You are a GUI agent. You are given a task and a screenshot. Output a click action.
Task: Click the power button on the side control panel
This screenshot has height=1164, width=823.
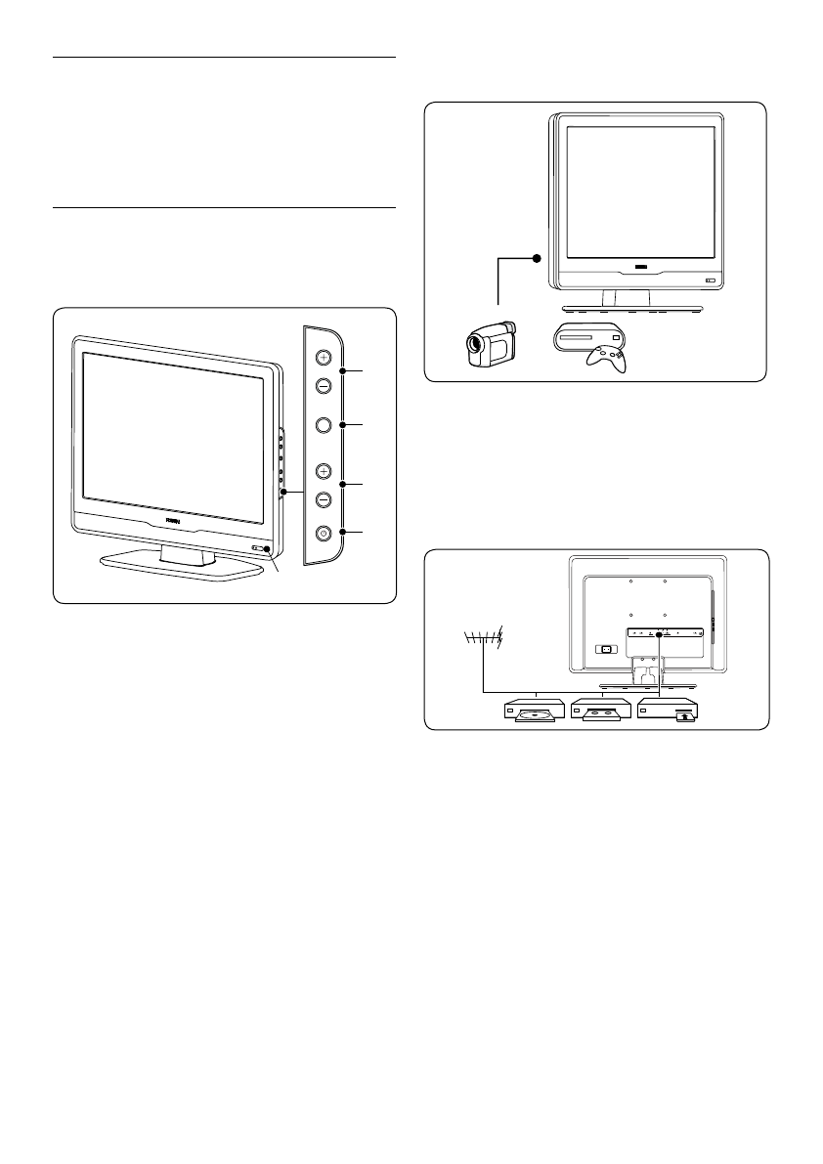[324, 534]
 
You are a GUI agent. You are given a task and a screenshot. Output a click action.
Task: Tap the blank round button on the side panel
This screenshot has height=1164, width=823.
[324, 425]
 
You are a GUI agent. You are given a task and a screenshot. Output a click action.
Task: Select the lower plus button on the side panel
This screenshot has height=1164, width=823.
[324, 471]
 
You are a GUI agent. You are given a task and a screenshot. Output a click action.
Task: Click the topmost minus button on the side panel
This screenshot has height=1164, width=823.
[324, 384]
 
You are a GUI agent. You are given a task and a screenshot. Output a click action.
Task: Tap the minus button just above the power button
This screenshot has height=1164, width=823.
[324, 498]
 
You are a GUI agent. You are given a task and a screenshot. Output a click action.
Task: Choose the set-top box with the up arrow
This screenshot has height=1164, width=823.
[671, 711]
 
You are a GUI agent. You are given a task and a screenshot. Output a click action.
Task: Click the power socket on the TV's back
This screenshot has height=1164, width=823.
[604, 649]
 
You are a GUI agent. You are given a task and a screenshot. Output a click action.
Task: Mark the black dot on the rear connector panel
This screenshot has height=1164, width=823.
[661, 633]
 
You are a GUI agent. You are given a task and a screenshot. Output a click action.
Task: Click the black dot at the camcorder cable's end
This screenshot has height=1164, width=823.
[536, 259]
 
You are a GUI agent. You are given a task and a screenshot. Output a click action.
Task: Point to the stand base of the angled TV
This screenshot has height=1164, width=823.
[169, 567]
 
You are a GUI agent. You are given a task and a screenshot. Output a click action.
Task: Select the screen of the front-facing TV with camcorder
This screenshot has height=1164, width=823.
[639, 191]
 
